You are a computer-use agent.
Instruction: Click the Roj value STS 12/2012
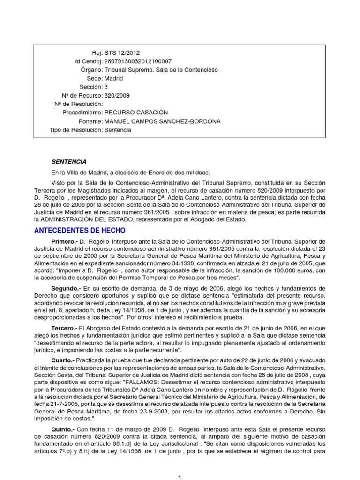point(122,53)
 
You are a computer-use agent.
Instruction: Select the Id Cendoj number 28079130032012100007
point(138,61)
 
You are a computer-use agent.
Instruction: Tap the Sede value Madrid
point(114,79)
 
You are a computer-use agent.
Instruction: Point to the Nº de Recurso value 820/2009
point(117,96)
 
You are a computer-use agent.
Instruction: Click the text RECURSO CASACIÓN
point(136,113)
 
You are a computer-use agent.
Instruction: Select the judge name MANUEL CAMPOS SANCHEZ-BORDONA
point(156,121)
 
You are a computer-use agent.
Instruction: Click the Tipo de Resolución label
point(75,130)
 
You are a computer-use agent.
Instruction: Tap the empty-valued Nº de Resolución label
point(79,104)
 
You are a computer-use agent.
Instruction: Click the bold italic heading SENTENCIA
point(69,162)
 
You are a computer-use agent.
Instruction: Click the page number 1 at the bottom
point(180,477)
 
